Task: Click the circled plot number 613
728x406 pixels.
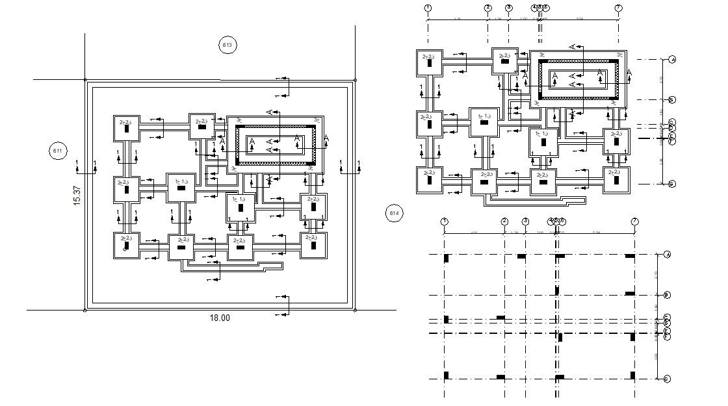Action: click(227, 45)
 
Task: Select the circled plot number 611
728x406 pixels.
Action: click(57, 152)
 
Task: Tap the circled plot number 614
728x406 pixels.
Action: click(395, 213)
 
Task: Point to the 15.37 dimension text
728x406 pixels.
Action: click(77, 196)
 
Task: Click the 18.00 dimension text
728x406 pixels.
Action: click(219, 318)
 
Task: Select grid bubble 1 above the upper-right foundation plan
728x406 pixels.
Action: click(428, 8)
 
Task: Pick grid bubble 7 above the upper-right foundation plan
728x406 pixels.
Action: click(618, 8)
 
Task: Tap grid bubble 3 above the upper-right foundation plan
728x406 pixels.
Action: click(509, 8)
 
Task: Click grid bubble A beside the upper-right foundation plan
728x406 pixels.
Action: click(672, 60)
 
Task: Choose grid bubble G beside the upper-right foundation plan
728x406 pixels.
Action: click(672, 184)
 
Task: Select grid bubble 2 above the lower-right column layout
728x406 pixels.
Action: click(504, 222)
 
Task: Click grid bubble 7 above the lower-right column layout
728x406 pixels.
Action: click(635, 222)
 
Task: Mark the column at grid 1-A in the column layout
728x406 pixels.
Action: click(447, 259)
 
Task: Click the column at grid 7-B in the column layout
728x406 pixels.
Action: click(630, 294)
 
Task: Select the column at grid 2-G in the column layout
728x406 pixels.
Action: click(500, 377)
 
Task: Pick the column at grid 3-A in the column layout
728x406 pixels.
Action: click(521, 257)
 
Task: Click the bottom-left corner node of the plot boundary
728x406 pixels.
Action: click(84, 310)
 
